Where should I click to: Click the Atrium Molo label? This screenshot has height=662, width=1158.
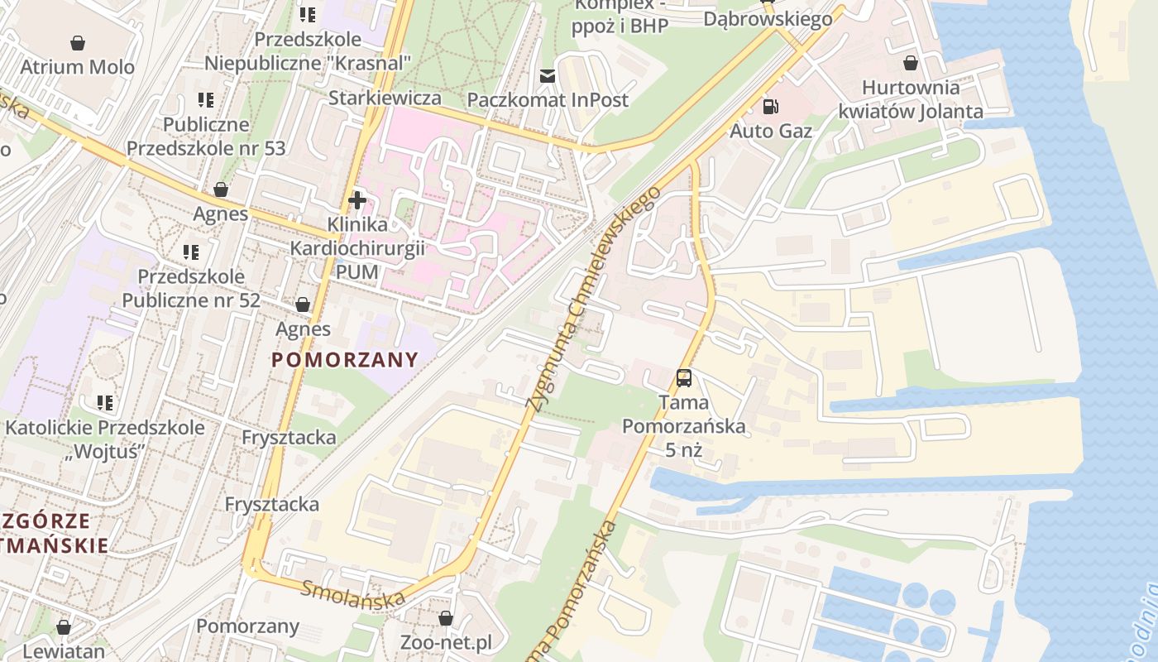coord(77,67)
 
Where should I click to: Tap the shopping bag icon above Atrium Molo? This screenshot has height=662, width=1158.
coord(77,42)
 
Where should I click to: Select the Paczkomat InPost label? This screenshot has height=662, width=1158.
coord(548,100)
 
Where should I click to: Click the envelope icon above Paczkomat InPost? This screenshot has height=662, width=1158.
coord(548,76)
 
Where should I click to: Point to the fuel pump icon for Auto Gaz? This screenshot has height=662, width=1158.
coord(770,106)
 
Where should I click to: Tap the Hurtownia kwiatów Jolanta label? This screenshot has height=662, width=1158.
coord(911,99)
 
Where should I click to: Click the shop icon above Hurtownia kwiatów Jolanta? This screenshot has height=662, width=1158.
coord(911,63)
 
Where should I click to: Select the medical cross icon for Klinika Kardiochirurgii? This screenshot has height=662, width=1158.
coord(357,200)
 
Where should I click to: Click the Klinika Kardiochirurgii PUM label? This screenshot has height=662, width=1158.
coord(357,248)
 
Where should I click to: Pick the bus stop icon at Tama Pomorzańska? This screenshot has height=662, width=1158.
coord(684,378)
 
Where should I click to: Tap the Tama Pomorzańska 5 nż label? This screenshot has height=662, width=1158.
coord(684,426)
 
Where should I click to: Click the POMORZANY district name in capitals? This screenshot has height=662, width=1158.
coord(345,360)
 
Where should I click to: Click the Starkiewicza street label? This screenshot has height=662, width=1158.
coord(384,98)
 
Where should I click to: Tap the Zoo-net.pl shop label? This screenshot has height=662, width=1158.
coord(445,643)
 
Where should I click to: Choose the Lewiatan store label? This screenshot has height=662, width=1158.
coord(64,651)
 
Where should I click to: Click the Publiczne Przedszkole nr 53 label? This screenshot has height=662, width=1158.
coord(206,137)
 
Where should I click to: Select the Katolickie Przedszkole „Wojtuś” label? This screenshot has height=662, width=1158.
coord(105,439)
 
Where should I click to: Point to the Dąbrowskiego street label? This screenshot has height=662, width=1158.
coord(768,19)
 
